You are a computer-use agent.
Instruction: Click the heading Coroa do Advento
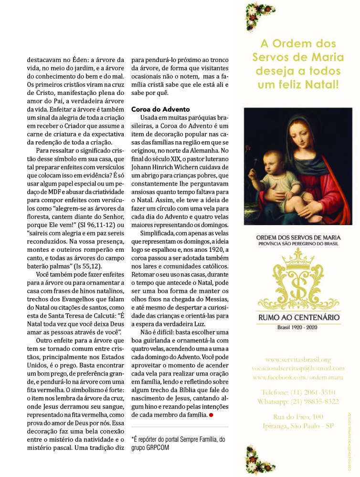160,109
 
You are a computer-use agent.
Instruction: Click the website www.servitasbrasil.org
298,359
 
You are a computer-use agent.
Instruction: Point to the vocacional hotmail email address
298,368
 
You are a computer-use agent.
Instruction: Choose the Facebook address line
298,377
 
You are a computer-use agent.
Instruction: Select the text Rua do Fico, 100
297,416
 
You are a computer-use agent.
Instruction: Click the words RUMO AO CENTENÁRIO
298,317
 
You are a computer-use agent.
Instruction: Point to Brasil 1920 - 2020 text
298,328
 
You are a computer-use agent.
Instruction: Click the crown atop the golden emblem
297,258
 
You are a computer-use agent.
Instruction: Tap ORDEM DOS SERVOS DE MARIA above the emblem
298,237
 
